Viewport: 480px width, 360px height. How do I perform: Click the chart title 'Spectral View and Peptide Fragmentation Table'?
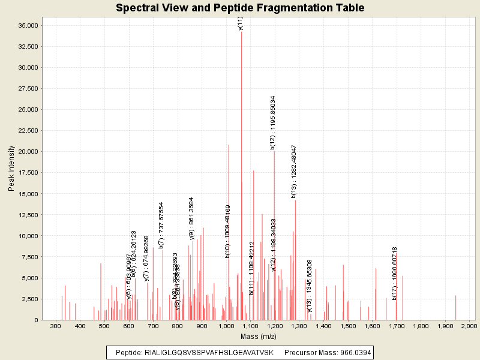click(x=240, y=8)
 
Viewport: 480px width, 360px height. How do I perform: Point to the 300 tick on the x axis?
click(x=56, y=326)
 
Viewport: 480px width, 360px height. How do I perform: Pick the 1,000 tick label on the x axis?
click(x=226, y=326)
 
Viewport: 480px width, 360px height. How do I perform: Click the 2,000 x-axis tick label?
click(x=469, y=326)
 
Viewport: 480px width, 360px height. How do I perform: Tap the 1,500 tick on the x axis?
click(x=347, y=326)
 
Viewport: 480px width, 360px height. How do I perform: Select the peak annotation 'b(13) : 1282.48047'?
click(x=294, y=171)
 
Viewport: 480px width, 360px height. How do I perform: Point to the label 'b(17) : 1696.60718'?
click(x=395, y=273)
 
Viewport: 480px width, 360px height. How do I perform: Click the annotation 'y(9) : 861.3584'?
click(x=191, y=218)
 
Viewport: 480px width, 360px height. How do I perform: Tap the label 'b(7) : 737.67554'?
click(x=161, y=225)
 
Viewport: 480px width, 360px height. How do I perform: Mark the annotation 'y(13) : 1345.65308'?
click(x=310, y=286)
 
